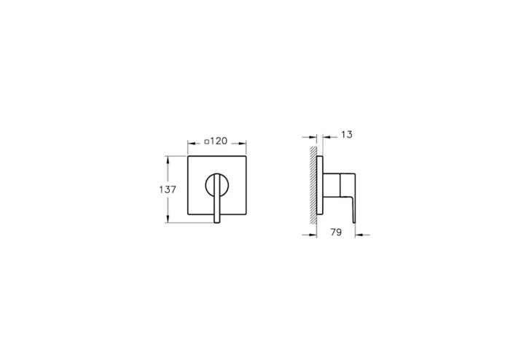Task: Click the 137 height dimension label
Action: [x=168, y=189]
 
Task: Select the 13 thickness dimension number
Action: [x=346, y=135]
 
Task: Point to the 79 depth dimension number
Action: [x=336, y=233]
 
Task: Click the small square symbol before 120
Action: [x=208, y=140]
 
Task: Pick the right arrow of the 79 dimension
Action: [x=359, y=235]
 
